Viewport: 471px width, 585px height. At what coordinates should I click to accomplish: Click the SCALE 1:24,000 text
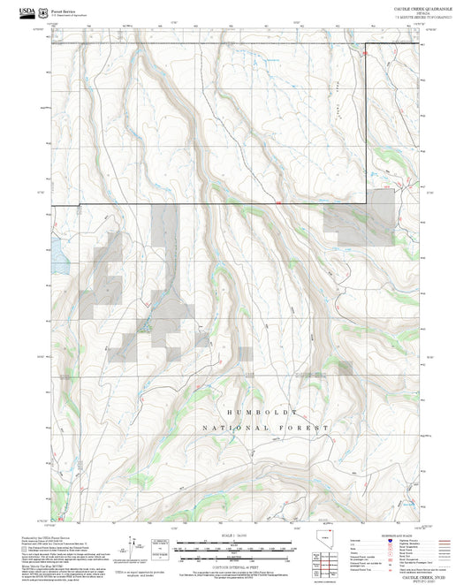pos(235,536)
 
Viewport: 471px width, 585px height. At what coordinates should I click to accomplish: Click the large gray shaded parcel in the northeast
pos(358,217)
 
